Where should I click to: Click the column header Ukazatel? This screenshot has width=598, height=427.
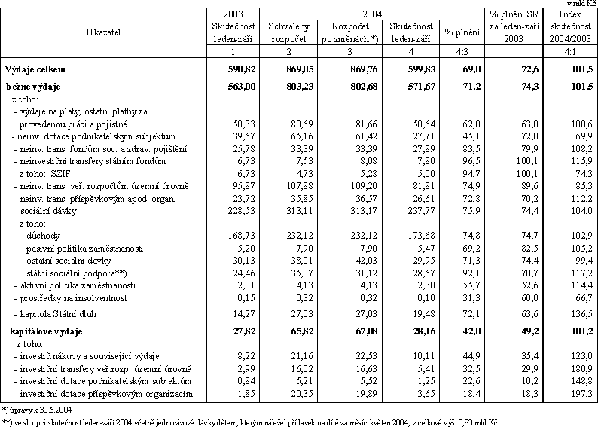point(103,32)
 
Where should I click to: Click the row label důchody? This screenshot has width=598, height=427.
point(43,236)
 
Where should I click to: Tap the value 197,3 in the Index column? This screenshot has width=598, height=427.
point(581,393)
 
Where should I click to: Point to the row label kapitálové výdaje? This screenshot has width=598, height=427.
point(46,331)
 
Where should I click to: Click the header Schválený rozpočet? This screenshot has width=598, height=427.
point(288,32)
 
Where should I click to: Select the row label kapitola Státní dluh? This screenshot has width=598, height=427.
point(55,314)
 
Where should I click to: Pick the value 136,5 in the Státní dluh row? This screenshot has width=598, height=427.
point(581,314)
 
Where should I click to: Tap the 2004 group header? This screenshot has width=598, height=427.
point(372,14)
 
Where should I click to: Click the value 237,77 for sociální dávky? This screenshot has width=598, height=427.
point(421,211)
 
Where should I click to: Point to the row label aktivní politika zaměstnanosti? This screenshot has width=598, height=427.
point(75,285)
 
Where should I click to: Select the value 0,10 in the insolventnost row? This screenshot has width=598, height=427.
point(426,297)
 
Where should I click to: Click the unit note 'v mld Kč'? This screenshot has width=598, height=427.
point(581,4)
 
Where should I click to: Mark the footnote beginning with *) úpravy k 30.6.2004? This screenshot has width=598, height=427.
point(37,410)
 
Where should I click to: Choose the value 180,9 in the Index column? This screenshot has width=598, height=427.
point(581,369)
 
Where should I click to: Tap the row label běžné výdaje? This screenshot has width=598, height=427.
point(33,87)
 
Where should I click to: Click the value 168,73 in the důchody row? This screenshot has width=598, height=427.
point(242,236)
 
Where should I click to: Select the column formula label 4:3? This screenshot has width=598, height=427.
point(462,51)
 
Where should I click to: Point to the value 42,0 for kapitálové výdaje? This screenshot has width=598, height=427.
point(471,331)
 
